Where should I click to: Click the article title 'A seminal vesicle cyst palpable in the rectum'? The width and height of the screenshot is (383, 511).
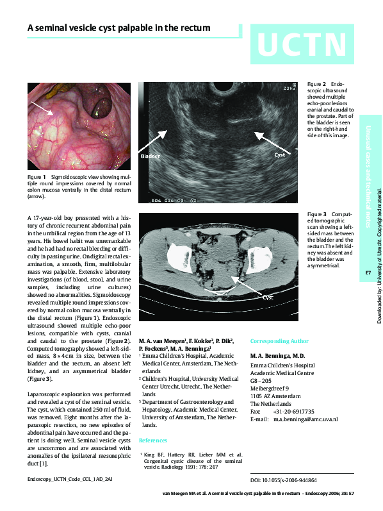(x=118, y=28)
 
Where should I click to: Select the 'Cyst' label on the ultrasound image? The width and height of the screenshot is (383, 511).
(x=280, y=155)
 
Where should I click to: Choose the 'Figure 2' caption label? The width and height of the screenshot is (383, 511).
(x=316, y=85)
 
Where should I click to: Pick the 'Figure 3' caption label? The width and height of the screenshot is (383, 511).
(x=316, y=214)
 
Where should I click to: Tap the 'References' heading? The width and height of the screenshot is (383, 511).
(x=153, y=440)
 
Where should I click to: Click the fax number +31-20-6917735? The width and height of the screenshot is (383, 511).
(x=293, y=412)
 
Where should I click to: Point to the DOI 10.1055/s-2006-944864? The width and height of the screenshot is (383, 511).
(x=283, y=480)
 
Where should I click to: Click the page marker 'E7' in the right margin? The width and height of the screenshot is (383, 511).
(x=368, y=273)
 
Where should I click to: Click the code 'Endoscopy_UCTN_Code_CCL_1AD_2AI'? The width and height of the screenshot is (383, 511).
(x=70, y=479)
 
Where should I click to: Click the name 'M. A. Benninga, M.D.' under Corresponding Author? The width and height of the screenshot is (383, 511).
(x=277, y=355)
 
